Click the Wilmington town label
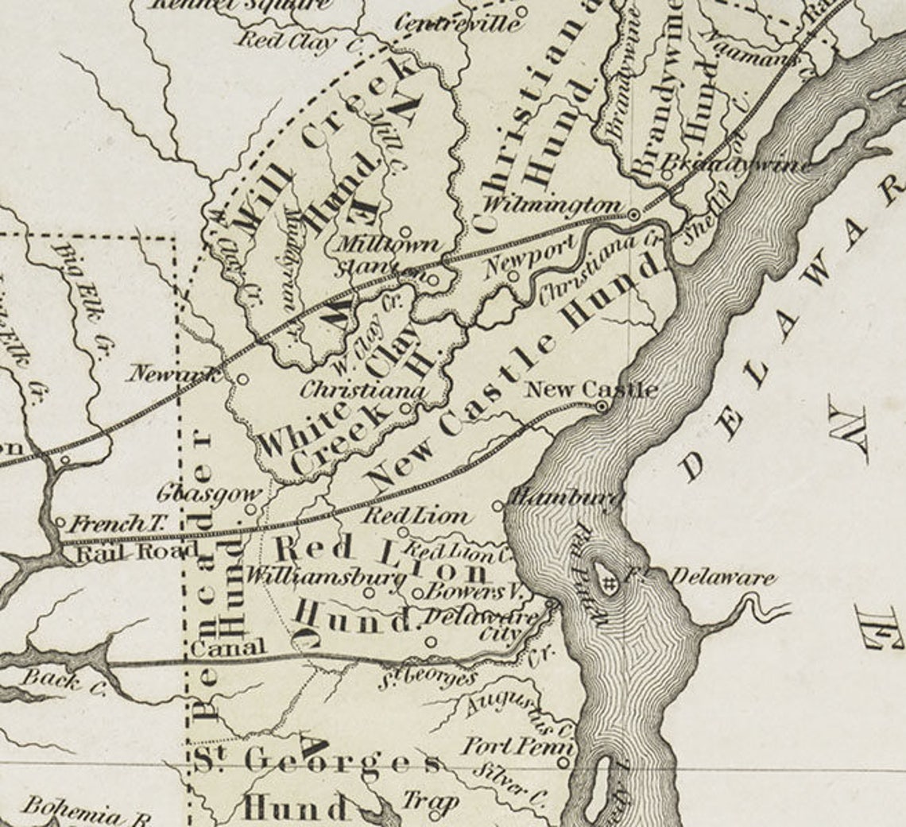click(x=549, y=203)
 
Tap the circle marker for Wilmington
click(x=634, y=214)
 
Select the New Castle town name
click(x=591, y=389)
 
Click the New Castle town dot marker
click(x=602, y=406)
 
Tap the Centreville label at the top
click(x=459, y=23)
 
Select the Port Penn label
click(x=517, y=747)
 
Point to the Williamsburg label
click(x=326, y=577)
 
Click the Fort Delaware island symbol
click(x=608, y=584)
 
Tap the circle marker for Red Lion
click(x=403, y=532)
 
